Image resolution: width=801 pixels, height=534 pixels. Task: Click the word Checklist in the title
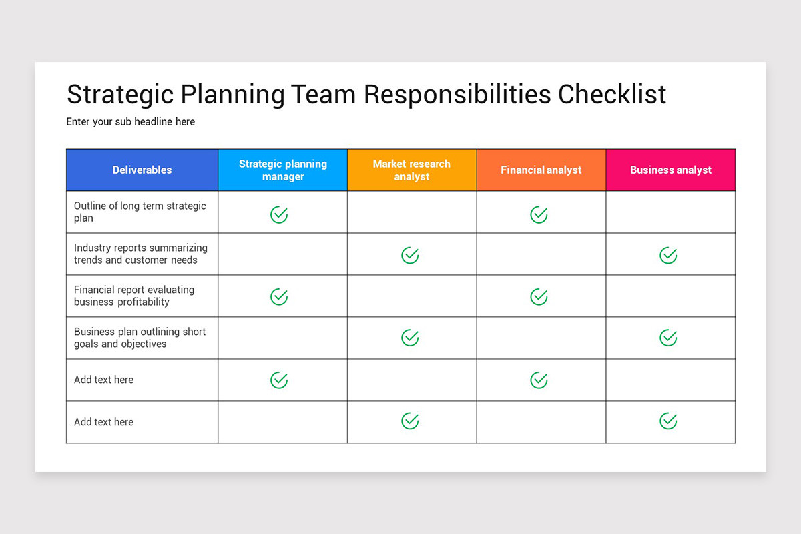click(612, 94)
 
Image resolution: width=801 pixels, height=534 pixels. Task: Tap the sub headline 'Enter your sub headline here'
click(131, 121)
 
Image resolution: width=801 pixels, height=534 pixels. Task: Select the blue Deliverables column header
click(142, 170)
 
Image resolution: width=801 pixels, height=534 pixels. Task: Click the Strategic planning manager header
click(283, 170)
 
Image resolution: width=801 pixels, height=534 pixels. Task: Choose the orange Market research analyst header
click(412, 170)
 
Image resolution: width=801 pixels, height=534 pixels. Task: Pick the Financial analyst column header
click(541, 170)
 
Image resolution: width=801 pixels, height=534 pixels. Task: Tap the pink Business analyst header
click(671, 170)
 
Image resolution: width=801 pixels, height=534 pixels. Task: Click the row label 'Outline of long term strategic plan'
click(140, 212)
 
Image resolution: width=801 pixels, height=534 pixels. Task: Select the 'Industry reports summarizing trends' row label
click(141, 254)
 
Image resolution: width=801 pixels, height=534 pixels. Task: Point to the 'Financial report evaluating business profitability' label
click(134, 296)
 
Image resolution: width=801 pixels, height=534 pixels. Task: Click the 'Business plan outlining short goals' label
click(140, 338)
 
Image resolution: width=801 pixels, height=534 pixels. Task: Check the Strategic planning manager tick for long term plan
click(279, 214)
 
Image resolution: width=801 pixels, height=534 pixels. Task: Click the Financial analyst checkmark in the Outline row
click(539, 214)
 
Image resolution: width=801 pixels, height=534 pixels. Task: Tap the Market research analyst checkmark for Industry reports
click(410, 256)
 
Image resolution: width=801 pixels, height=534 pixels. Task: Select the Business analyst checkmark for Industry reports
click(668, 256)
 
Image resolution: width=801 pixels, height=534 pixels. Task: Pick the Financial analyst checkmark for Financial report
click(539, 297)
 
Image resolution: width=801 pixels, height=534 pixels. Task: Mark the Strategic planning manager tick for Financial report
click(279, 297)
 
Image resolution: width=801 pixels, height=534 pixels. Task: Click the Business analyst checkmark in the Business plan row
click(668, 338)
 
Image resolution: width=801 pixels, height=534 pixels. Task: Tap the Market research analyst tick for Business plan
click(410, 338)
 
